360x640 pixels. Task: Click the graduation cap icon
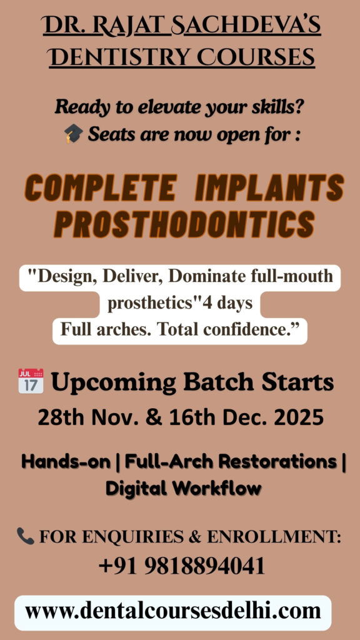point(74,134)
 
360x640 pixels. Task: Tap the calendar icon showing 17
point(31,381)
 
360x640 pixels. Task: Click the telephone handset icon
point(25,536)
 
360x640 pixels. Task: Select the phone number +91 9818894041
point(182,566)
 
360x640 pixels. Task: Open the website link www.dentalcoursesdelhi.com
point(173,611)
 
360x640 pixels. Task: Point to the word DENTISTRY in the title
point(120,57)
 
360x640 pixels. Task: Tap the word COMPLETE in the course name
point(101,188)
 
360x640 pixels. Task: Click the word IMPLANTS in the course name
point(269,188)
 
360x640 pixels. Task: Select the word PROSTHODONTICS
point(184,224)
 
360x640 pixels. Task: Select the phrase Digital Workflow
point(183,487)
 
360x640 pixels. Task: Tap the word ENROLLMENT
point(274,536)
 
